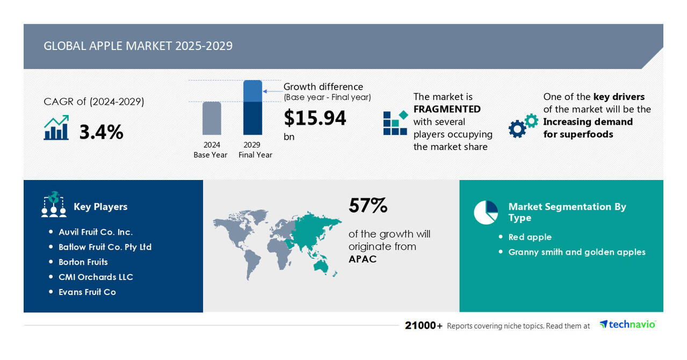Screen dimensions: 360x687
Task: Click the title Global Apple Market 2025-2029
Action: tap(138, 46)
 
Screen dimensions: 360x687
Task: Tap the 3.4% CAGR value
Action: tap(101, 132)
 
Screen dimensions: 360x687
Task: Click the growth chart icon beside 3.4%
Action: tap(56, 128)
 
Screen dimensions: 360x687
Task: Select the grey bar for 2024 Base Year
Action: tap(212, 118)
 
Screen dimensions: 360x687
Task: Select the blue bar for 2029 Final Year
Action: tap(252, 107)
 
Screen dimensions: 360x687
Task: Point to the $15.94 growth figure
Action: tap(315, 118)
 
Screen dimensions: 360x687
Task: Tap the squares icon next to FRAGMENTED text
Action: tap(395, 123)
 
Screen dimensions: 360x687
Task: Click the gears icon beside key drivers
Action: tap(523, 126)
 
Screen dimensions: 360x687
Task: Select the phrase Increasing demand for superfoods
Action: tap(588, 128)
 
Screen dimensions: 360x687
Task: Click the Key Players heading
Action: tap(100, 207)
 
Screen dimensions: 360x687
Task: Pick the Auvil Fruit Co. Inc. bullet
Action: tap(95, 232)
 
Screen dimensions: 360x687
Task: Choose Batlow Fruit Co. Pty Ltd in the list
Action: tap(105, 247)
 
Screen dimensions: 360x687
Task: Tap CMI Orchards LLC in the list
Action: tap(96, 277)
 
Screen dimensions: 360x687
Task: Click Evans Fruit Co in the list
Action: tap(87, 292)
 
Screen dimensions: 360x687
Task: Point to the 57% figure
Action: tap(368, 206)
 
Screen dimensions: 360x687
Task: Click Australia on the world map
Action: tap(323, 264)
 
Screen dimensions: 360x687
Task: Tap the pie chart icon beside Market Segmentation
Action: tap(486, 212)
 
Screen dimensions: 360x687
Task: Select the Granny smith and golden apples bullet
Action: tap(576, 252)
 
